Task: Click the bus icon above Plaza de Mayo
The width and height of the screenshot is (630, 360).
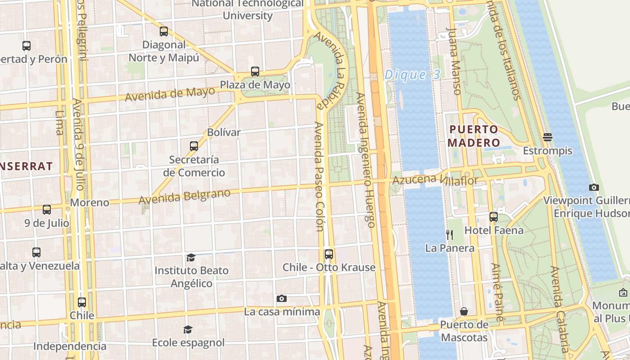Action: click(x=255, y=71)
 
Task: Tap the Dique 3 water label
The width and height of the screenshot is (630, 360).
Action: click(x=412, y=75)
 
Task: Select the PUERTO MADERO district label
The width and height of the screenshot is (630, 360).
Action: click(x=474, y=136)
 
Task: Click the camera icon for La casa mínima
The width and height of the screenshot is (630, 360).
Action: click(x=282, y=298)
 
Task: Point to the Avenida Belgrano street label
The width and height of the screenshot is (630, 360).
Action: click(x=184, y=197)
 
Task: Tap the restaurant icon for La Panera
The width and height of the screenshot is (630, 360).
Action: click(x=449, y=234)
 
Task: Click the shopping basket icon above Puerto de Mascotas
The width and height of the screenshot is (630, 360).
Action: click(x=464, y=311)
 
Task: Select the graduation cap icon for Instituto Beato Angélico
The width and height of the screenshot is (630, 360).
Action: click(x=191, y=257)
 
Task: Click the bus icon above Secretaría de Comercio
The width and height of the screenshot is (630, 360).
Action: click(x=194, y=146)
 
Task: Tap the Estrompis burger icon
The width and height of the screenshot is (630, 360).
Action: click(x=548, y=137)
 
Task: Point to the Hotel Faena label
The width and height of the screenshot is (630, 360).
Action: click(x=494, y=230)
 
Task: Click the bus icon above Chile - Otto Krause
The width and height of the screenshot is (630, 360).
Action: click(x=329, y=254)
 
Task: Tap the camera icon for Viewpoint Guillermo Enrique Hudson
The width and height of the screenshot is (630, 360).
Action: click(x=594, y=187)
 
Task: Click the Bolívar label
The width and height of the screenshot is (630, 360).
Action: click(x=224, y=132)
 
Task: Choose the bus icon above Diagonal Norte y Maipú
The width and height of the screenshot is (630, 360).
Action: click(x=164, y=31)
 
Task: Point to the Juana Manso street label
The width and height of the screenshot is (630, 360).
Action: click(x=454, y=61)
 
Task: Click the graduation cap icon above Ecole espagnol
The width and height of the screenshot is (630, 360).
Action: click(x=188, y=329)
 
